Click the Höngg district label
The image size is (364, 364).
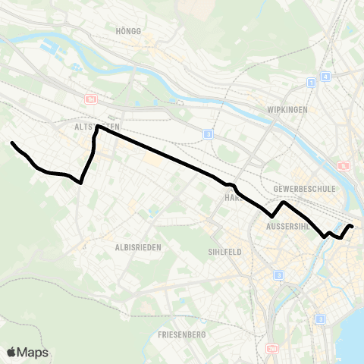click(124, 31)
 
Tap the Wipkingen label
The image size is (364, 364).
click(287, 109)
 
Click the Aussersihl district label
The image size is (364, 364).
click(290, 226)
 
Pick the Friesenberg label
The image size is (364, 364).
click(179, 334)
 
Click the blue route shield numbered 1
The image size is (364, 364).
click(311, 82)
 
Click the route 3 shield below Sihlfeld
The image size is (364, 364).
click(279, 275)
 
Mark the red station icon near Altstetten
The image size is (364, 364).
click(92, 99)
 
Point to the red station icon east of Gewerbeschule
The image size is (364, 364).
click(344, 167)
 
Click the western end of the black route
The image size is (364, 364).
click(11, 143)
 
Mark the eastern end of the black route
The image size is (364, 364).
click(353, 226)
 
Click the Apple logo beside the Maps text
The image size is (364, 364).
click(11, 353)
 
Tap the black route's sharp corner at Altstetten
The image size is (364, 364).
click(97, 126)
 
